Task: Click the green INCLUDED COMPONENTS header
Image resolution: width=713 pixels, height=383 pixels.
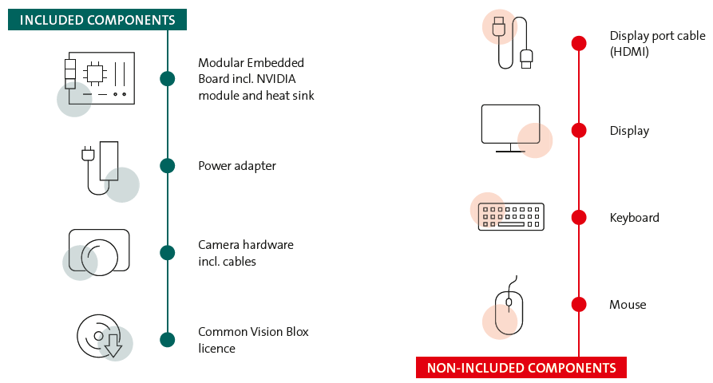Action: tap(97, 20)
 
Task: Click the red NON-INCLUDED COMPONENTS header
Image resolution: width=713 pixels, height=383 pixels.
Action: tap(521, 368)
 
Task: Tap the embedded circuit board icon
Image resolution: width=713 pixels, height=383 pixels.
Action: tap(100, 79)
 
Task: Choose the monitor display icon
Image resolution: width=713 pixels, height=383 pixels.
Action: tap(511, 128)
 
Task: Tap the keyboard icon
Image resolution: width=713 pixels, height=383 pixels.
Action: tap(511, 216)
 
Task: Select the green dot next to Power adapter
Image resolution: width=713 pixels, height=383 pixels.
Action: tap(167, 166)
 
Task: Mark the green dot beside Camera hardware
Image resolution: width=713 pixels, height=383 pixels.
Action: tap(167, 253)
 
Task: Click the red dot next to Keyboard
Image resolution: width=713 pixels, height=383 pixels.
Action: tap(579, 217)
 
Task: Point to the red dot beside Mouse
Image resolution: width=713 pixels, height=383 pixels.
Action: tap(579, 304)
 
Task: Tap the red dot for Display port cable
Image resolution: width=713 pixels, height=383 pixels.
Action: tap(579, 43)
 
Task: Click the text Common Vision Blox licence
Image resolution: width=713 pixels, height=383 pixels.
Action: tap(252, 340)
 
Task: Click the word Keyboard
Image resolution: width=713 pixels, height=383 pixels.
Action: tap(634, 218)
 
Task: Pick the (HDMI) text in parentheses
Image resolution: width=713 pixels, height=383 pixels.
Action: tap(629, 52)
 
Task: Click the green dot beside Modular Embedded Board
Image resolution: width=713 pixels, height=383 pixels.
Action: tap(167, 78)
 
